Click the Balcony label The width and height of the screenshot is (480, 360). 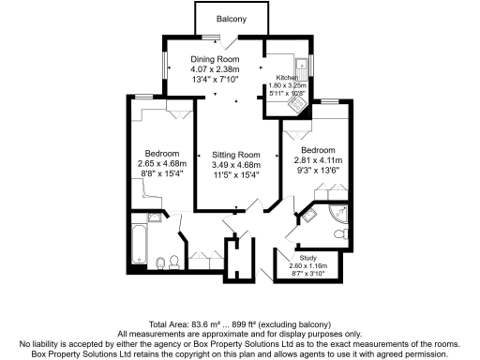pos(231,19)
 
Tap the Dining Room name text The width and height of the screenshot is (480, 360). pos(209,59)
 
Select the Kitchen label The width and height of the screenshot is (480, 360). pos(287,78)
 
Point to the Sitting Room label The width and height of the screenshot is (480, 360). pos(235,155)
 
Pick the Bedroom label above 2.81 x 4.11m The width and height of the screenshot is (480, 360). pos(318,149)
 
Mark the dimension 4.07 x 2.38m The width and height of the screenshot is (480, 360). pos(209,69)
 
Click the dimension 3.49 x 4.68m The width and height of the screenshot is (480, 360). pos(235,165)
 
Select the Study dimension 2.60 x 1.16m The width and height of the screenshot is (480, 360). pos(307,266)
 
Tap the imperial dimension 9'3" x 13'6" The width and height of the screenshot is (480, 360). pos(318,171)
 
